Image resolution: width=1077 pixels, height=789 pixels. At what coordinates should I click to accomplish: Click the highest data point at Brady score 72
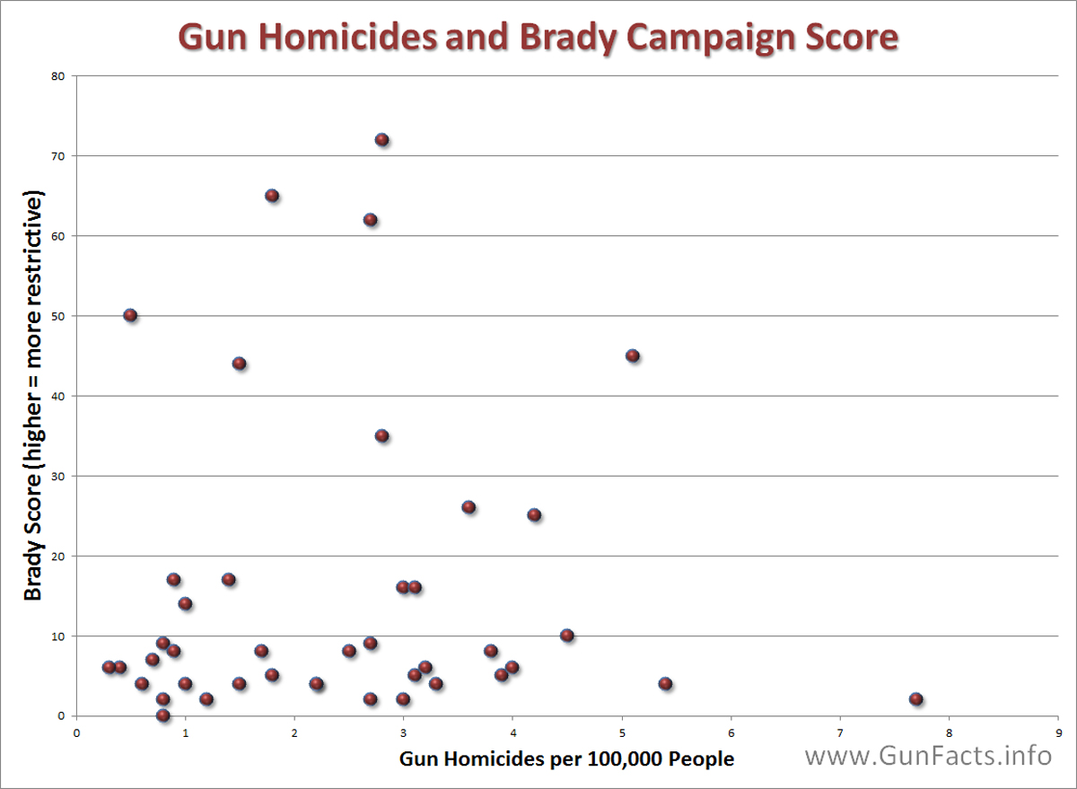click(x=381, y=139)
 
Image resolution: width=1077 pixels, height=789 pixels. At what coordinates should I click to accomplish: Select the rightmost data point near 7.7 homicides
click(x=915, y=698)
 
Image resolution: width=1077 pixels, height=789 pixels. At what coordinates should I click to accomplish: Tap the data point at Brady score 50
click(x=130, y=315)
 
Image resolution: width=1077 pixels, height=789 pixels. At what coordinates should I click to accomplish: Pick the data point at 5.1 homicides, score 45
click(x=632, y=355)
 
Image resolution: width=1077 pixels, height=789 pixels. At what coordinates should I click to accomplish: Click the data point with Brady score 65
click(x=272, y=196)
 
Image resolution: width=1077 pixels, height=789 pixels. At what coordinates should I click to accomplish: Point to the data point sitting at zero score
click(x=162, y=715)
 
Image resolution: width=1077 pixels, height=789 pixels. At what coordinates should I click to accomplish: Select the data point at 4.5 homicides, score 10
click(x=566, y=636)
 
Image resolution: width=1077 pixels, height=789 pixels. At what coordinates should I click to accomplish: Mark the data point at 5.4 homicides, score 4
click(x=665, y=683)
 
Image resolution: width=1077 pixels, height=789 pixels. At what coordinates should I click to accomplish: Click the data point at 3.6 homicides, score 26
click(x=468, y=507)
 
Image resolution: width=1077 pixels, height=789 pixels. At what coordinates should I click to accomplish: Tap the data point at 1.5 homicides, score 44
click(x=239, y=364)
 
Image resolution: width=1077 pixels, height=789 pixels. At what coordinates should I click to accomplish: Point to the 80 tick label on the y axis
click(x=58, y=75)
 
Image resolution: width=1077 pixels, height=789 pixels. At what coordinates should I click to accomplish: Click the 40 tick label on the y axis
click(x=58, y=396)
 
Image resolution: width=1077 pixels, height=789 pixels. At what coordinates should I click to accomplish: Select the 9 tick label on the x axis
click(x=1058, y=732)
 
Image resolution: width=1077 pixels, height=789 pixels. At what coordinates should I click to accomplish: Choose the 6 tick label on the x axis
click(x=731, y=732)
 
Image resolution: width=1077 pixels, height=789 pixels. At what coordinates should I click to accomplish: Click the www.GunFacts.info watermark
click(x=928, y=756)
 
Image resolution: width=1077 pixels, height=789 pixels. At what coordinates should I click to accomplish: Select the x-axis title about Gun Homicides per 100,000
click(x=566, y=759)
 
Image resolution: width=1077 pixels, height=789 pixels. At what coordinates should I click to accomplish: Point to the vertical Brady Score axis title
click(x=33, y=395)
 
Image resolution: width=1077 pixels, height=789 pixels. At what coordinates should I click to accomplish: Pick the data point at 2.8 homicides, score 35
click(x=381, y=435)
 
